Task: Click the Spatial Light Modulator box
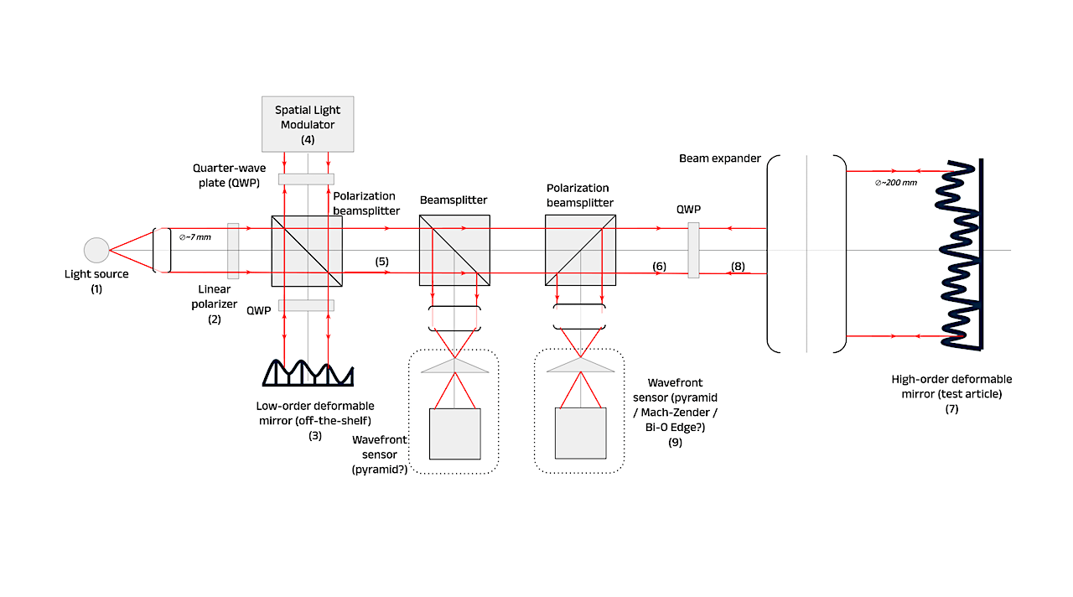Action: pos(308,124)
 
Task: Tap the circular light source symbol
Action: pos(96,250)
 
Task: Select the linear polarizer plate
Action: pos(233,251)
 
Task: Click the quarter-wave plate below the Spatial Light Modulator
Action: pos(306,179)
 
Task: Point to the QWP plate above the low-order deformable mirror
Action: pos(306,305)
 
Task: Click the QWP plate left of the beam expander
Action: pos(693,250)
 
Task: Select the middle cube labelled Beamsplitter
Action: pos(454,250)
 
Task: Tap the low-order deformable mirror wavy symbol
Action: pos(308,373)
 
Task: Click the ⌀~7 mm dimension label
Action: pos(195,237)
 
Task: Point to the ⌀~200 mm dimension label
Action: pos(896,183)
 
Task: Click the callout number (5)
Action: pos(381,262)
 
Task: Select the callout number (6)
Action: pos(659,267)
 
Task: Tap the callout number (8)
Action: pos(738,267)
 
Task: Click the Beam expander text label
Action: pos(719,158)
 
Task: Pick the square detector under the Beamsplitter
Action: pos(454,433)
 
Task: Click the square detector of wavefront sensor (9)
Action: pos(581,433)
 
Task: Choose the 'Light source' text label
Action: pos(96,274)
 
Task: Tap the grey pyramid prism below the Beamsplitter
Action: pos(454,366)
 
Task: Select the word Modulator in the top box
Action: pos(308,125)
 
